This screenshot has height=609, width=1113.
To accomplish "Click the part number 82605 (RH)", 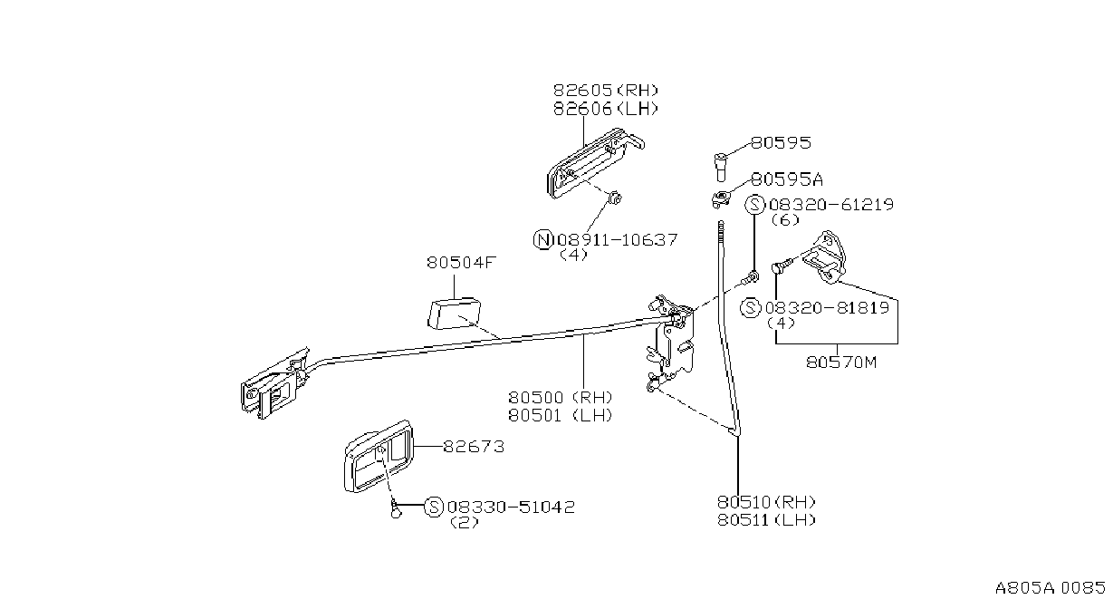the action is (x=606, y=91).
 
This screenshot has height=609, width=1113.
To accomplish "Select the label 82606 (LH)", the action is (x=606, y=109).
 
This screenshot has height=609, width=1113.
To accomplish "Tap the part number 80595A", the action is (x=787, y=179).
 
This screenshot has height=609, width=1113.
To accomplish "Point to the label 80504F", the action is (x=462, y=262).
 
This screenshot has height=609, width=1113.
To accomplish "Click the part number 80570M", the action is (x=841, y=362).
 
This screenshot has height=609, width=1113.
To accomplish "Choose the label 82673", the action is (x=474, y=447).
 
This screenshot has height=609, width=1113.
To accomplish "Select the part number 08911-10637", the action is (x=617, y=240).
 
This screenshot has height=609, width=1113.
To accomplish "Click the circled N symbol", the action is (x=542, y=239).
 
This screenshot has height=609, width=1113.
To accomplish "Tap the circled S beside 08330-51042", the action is (x=434, y=507).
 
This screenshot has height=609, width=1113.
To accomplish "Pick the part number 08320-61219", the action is (x=831, y=204).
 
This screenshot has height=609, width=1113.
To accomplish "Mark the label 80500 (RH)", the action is (x=561, y=397).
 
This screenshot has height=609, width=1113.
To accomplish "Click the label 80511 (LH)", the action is (x=767, y=520).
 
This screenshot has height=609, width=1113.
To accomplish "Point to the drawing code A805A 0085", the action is (x=1051, y=588).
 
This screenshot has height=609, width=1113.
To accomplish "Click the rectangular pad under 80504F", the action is (x=454, y=314).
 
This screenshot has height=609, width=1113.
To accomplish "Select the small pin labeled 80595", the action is (x=721, y=168).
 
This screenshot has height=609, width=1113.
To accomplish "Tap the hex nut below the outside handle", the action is (x=615, y=198).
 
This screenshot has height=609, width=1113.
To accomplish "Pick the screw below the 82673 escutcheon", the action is (x=396, y=509).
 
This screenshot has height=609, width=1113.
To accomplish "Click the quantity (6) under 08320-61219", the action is (x=785, y=219).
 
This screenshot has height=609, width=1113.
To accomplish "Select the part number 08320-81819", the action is (x=827, y=308).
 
